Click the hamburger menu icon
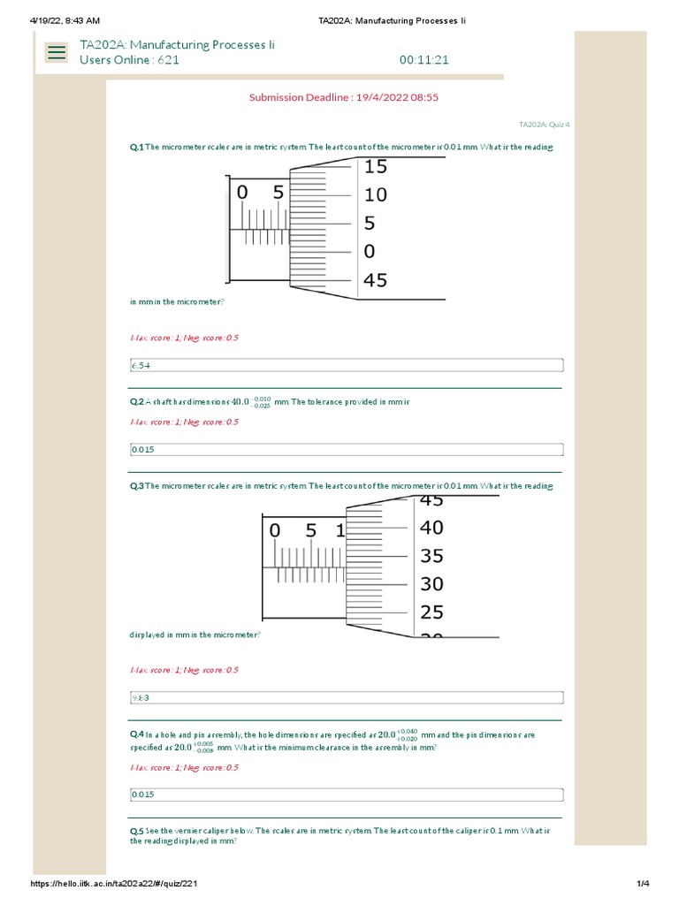[57, 52]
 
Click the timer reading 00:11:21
[424, 60]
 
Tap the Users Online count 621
[168, 60]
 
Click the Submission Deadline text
[343, 97]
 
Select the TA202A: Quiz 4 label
[544, 125]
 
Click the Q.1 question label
[136, 148]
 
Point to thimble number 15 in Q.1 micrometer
[375, 166]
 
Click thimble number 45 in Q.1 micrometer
[375, 280]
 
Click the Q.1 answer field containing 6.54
[346, 365]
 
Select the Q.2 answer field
[346, 449]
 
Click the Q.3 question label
[136, 486]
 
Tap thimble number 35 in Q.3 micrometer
[431, 556]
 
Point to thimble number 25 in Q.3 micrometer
[431, 612]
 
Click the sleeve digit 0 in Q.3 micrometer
[274, 531]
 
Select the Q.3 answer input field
[346, 697]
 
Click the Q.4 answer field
[346, 794]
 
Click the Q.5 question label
[136, 832]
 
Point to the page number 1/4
[643, 884]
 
